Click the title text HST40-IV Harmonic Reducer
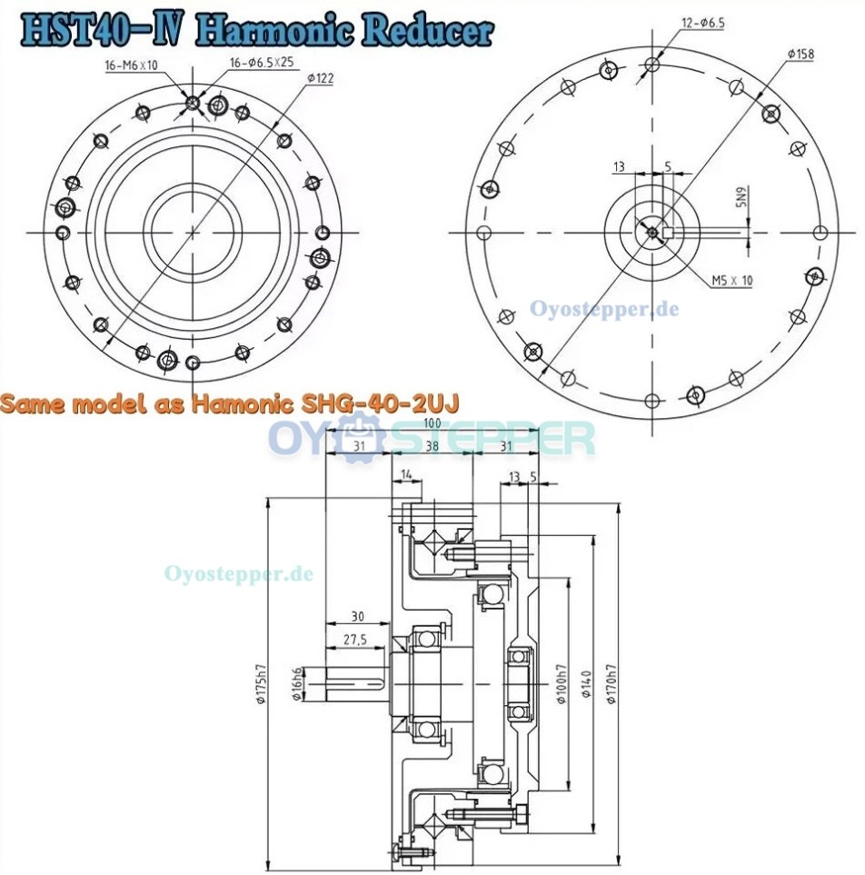point(258,30)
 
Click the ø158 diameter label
point(800,55)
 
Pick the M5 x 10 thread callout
point(732,281)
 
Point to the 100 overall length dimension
point(432,424)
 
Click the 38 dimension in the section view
point(432,445)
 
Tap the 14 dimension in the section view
point(405,474)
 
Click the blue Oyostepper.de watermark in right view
point(604,309)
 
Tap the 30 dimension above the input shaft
point(357,617)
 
